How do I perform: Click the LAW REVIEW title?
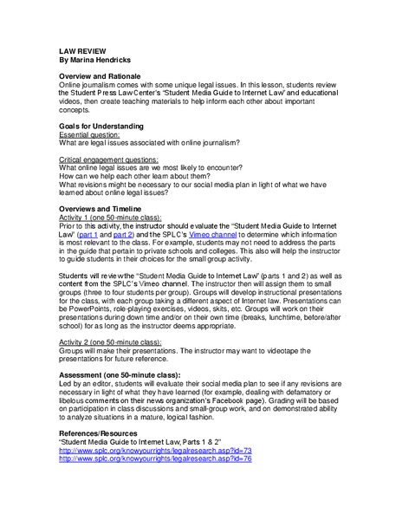(x=82, y=52)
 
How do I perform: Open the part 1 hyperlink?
(x=88, y=234)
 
